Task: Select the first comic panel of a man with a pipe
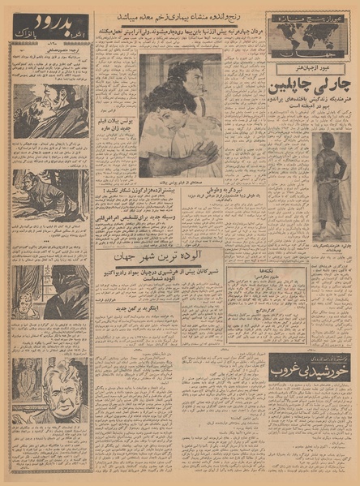[x=50, y=114]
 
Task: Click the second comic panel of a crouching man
[x=50, y=195]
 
